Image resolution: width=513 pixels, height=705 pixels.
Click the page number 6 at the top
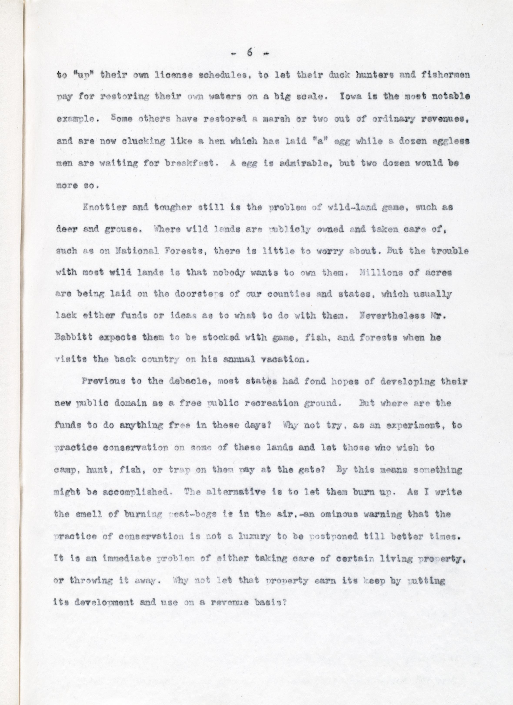(x=249, y=53)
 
